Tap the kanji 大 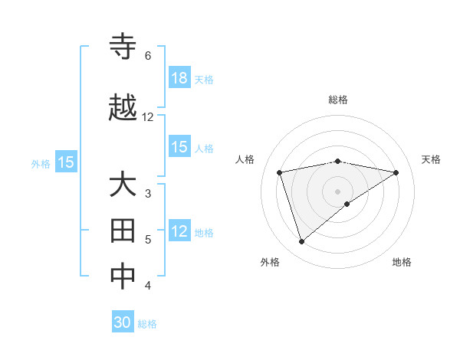[x=123, y=186]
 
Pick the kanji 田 [x=123, y=231]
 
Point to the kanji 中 [x=123, y=277]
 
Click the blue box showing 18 [x=179, y=78]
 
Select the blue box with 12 [x=179, y=232]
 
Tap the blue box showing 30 [x=123, y=322]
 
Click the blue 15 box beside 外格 [x=65, y=162]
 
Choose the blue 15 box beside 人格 [x=179, y=147]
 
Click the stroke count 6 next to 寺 [x=148, y=56]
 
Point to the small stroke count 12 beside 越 [x=148, y=117]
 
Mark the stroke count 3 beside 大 [x=148, y=194]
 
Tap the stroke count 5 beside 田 [x=148, y=240]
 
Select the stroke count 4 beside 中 [x=148, y=286]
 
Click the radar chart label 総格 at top [x=338, y=100]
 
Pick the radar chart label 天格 [x=431, y=159]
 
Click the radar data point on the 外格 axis [x=302, y=241]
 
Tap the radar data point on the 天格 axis [x=396, y=172]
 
